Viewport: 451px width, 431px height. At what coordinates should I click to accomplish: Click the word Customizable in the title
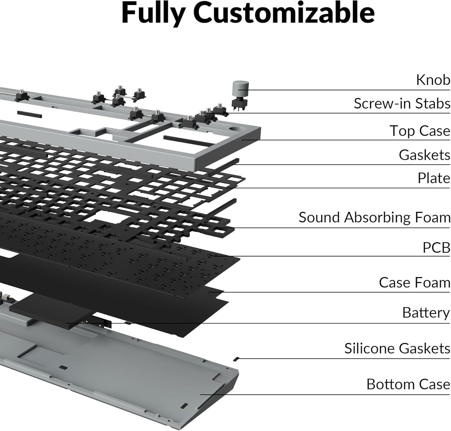pos(286,13)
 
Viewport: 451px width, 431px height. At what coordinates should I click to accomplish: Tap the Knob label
pos(433,80)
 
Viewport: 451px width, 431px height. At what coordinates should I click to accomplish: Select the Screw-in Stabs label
pos(402,103)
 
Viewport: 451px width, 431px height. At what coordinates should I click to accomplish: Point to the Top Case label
pos(420,131)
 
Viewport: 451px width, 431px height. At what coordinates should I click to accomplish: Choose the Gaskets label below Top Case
pos(424,155)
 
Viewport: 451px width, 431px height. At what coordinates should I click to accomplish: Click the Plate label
pos(434,178)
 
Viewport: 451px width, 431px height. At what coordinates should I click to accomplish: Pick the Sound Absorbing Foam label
pos(374,217)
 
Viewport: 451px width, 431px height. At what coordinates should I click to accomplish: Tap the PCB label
pos(436,248)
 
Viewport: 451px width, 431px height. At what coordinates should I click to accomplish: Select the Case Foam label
pos(414,283)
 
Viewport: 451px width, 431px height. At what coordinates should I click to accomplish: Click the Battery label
pos(426,313)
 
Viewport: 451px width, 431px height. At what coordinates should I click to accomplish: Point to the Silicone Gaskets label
pos(397,349)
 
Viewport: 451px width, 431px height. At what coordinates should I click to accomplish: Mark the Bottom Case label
pos(408,384)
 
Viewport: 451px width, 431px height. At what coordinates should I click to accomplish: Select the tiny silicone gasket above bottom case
pos(236,359)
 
